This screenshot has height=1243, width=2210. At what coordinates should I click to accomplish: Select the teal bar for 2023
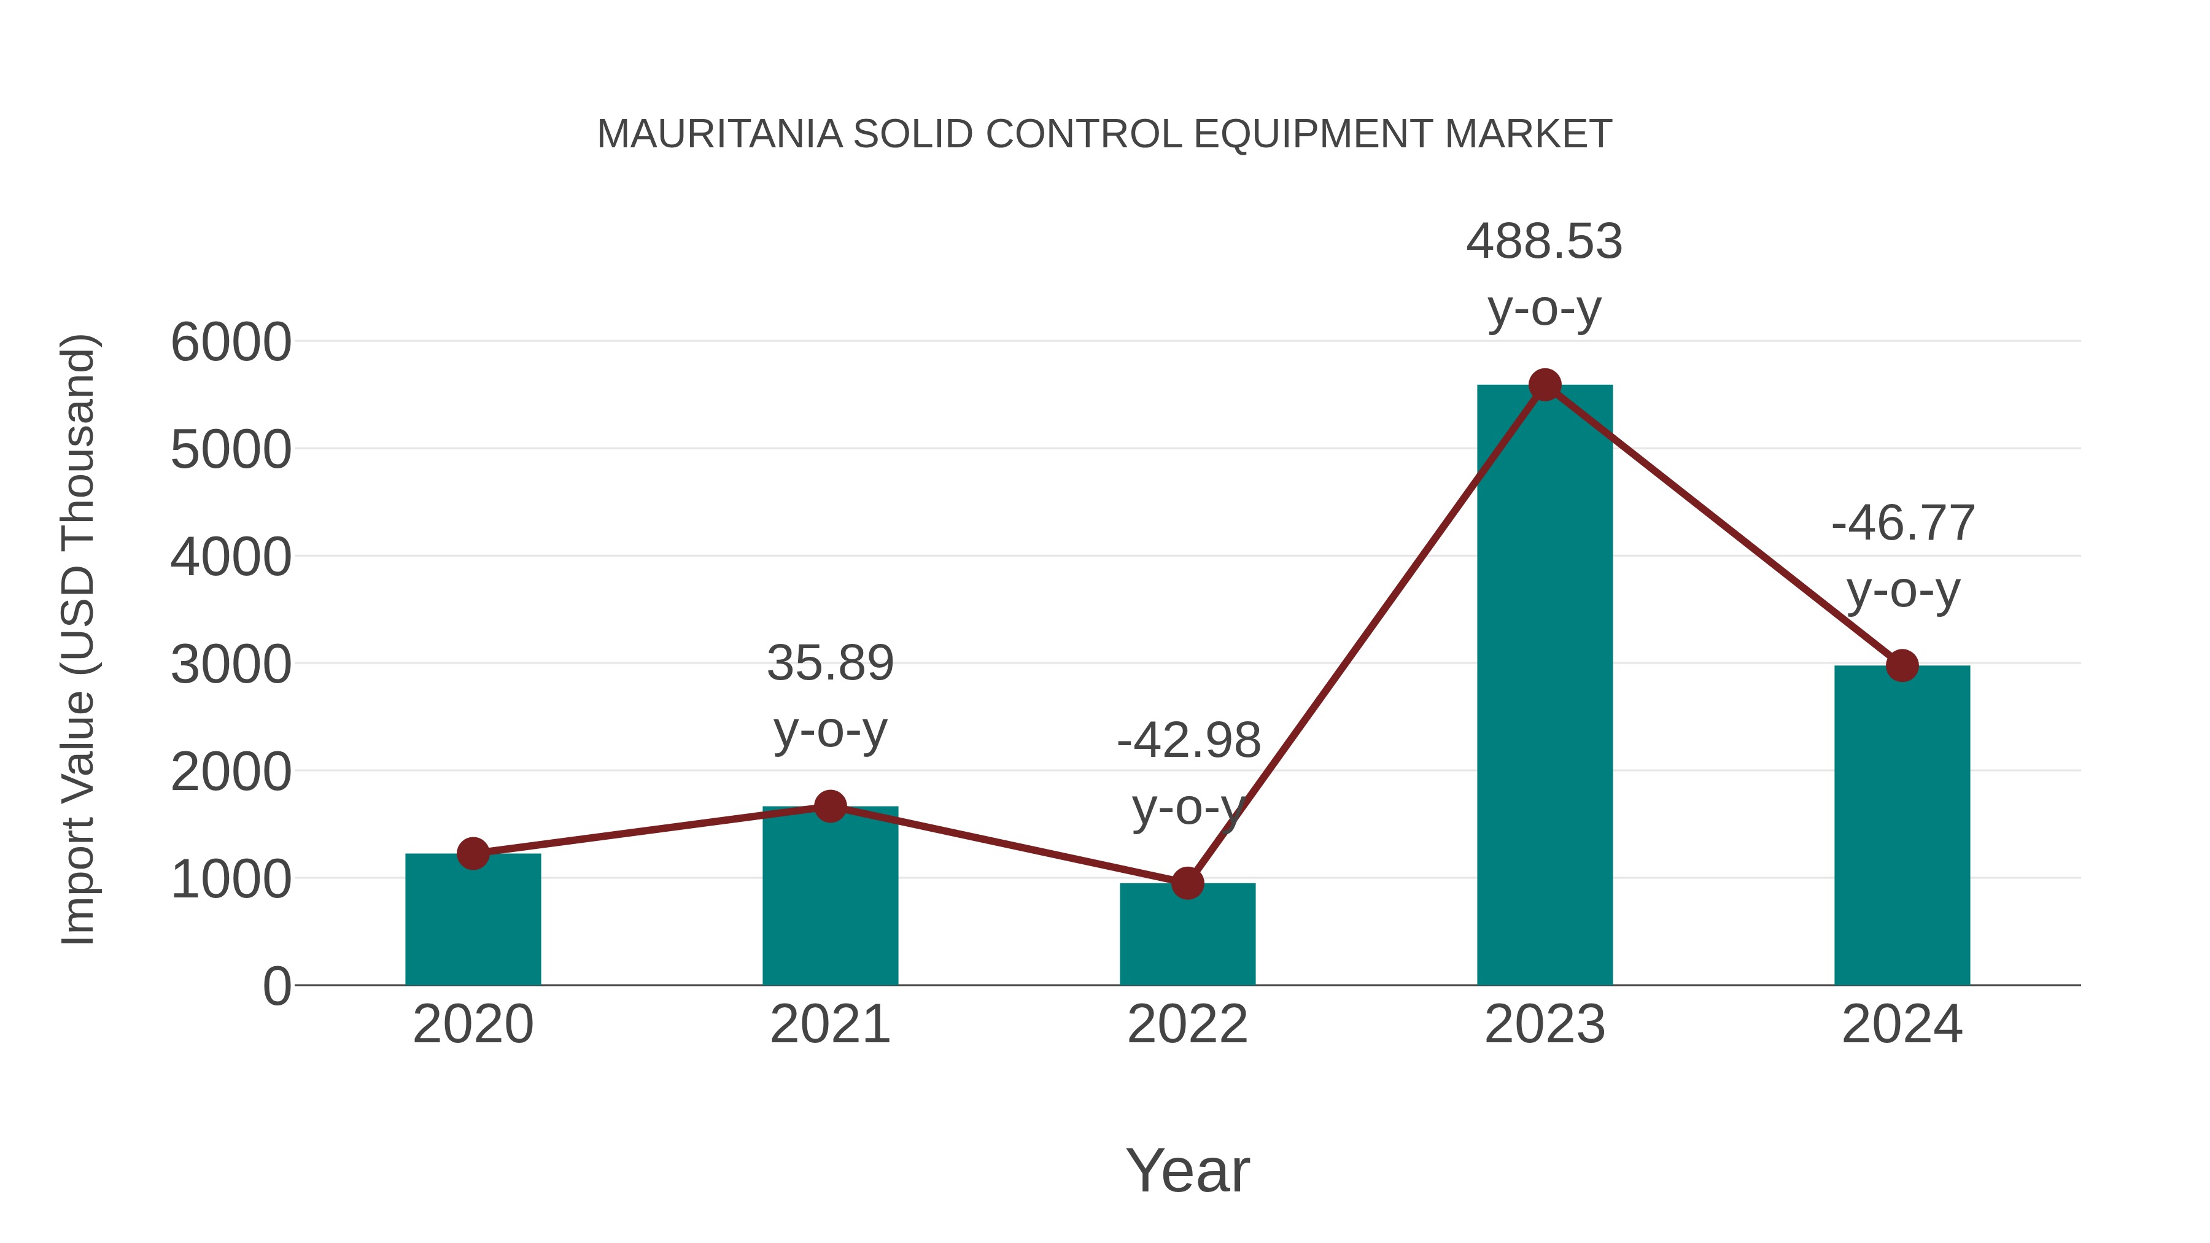[x=1545, y=686]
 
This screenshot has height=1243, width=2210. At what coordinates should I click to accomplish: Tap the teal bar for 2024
[x=1902, y=828]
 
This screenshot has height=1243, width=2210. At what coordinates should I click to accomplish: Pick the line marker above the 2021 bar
[x=829, y=807]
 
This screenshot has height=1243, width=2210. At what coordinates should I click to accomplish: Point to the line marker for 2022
[x=1187, y=883]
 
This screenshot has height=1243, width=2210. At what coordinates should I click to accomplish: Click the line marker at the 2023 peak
[x=1545, y=385]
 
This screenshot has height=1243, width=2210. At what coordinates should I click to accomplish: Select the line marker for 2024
[x=1902, y=665]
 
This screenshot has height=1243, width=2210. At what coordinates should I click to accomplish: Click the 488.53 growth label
[x=1545, y=242]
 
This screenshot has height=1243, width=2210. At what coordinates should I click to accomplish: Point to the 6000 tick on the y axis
[x=231, y=343]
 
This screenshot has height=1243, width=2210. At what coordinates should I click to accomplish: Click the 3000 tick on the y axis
[x=231, y=665]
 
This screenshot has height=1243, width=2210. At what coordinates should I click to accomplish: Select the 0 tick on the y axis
[x=276, y=986]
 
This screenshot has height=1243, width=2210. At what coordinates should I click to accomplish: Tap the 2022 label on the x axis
[x=1187, y=1024]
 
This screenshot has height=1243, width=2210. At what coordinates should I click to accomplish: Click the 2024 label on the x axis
[x=1902, y=1024]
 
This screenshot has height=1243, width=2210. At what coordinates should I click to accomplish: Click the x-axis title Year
[x=1187, y=1171]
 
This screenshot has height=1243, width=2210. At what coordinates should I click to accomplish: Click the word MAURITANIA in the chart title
[x=719, y=134]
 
